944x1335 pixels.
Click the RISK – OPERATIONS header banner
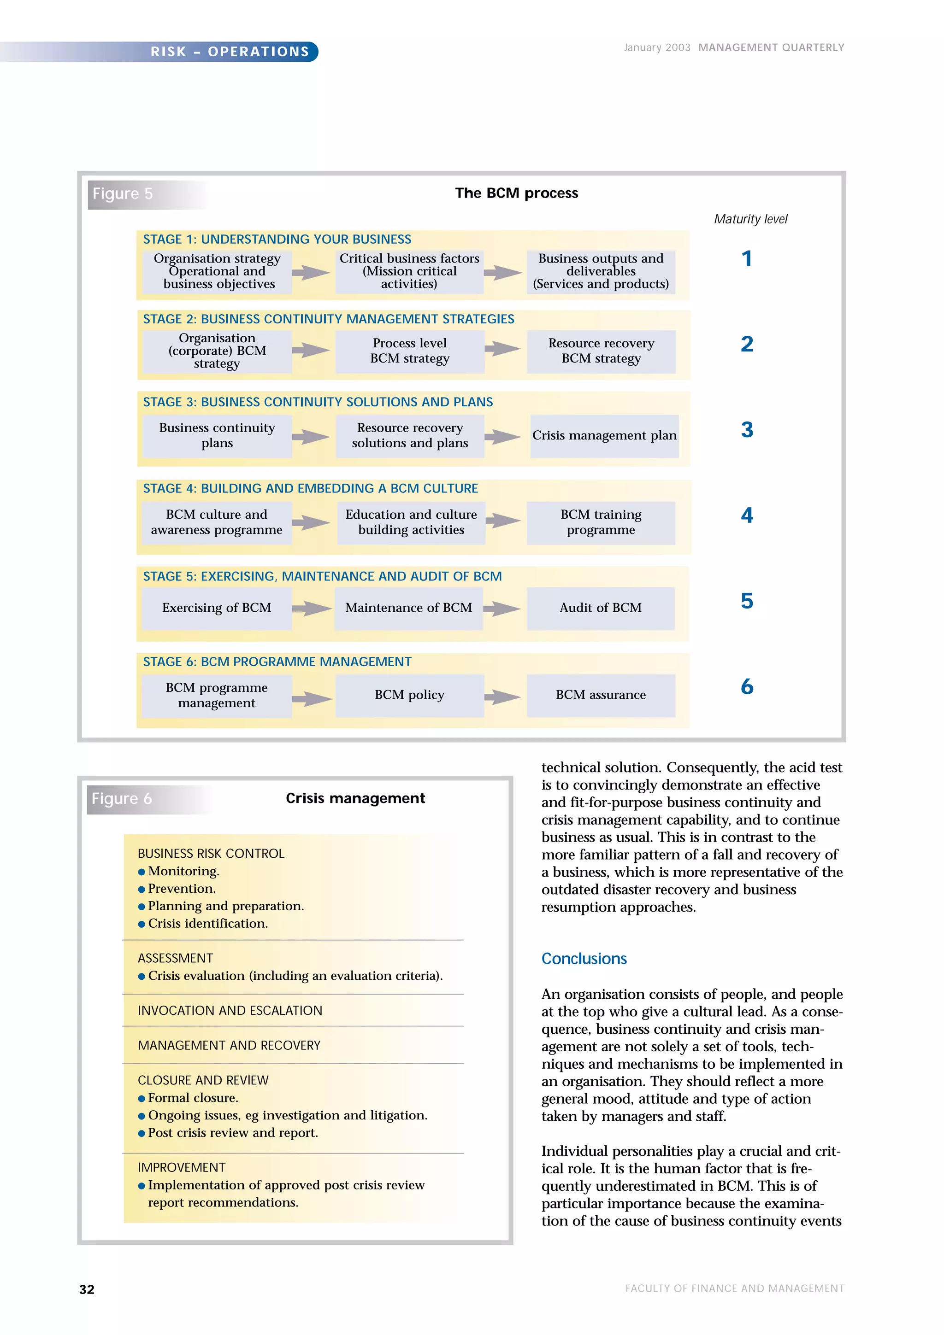(x=229, y=51)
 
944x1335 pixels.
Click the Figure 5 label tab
(x=123, y=193)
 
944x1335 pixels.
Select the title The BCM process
(x=516, y=193)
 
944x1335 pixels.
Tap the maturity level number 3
(x=747, y=430)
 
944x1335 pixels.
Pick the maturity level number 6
(x=747, y=687)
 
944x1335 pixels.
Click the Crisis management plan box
(x=604, y=435)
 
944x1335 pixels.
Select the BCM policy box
(x=409, y=695)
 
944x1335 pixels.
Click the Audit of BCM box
(x=600, y=608)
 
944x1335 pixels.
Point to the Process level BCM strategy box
(x=409, y=351)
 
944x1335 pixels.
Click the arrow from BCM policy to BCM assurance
(x=502, y=696)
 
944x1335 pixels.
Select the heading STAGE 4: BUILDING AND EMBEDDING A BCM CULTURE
(x=310, y=488)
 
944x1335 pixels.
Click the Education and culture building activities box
(x=411, y=522)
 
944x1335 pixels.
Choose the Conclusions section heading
(x=584, y=958)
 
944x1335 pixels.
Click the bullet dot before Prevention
(x=142, y=889)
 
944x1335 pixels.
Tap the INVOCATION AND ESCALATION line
(x=230, y=1011)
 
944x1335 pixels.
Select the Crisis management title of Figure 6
(x=355, y=798)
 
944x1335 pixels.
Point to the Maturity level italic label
(x=750, y=219)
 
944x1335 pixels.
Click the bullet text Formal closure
(x=193, y=1098)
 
